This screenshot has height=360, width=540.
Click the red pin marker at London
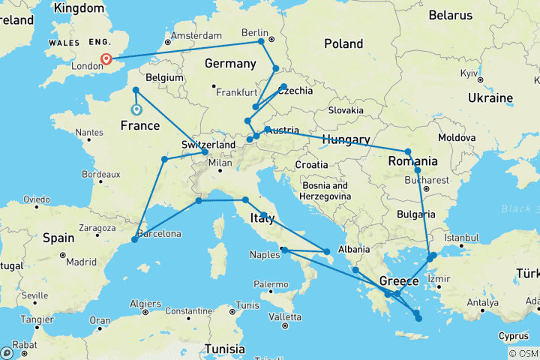(106, 59)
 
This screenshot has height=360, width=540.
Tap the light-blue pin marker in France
(136, 109)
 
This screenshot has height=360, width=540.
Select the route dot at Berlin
(261, 41)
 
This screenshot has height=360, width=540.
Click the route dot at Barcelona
(134, 239)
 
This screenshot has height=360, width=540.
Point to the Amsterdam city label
(197, 36)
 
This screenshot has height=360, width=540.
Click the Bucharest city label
(427, 180)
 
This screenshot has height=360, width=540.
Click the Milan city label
(220, 163)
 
